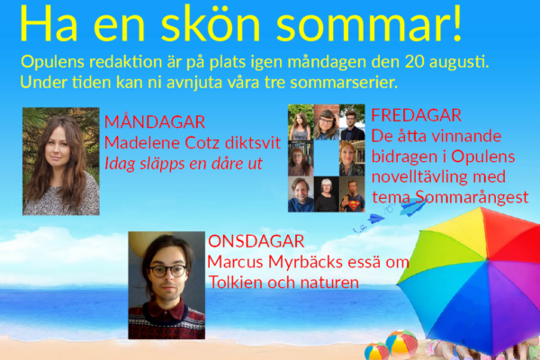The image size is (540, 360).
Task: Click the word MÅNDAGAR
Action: coord(155,121)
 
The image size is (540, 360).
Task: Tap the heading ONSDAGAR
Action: coord(256,241)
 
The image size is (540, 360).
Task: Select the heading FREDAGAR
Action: coord(417,115)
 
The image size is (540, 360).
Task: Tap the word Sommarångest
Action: coord(472,197)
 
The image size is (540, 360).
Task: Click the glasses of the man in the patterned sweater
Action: coord(167,271)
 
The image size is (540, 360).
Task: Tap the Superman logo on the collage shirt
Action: coord(353,205)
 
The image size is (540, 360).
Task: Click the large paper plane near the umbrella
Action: coord(413,207)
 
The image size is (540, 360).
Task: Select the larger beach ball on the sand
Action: coord(401,345)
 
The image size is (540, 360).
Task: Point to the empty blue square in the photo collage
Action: coord(326,158)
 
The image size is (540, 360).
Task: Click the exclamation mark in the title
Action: coord(457,23)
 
